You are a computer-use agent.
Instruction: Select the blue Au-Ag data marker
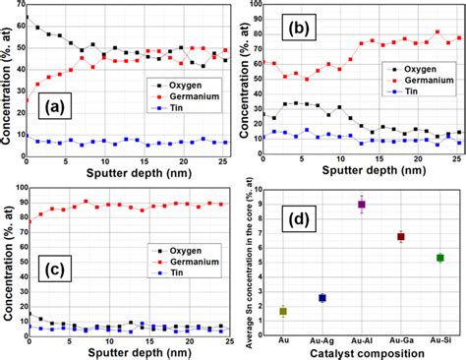321,297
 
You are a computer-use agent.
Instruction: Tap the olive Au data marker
283,311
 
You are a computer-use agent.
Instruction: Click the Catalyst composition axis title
360,351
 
